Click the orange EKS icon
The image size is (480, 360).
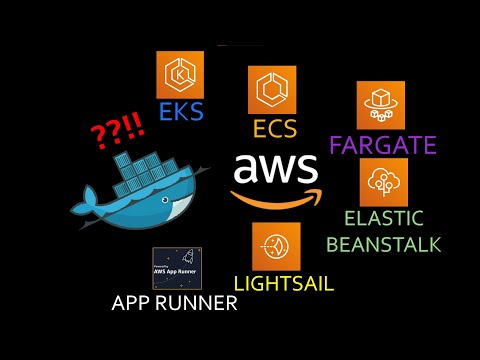click(180, 74)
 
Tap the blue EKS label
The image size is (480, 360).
click(181, 110)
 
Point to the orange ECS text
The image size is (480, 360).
click(272, 129)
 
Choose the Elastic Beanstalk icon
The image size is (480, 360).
click(385, 182)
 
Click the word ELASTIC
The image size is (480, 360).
click(383, 219)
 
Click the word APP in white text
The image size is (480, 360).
click(135, 303)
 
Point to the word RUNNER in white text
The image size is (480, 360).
click(199, 303)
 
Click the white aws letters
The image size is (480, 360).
click(276, 168)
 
